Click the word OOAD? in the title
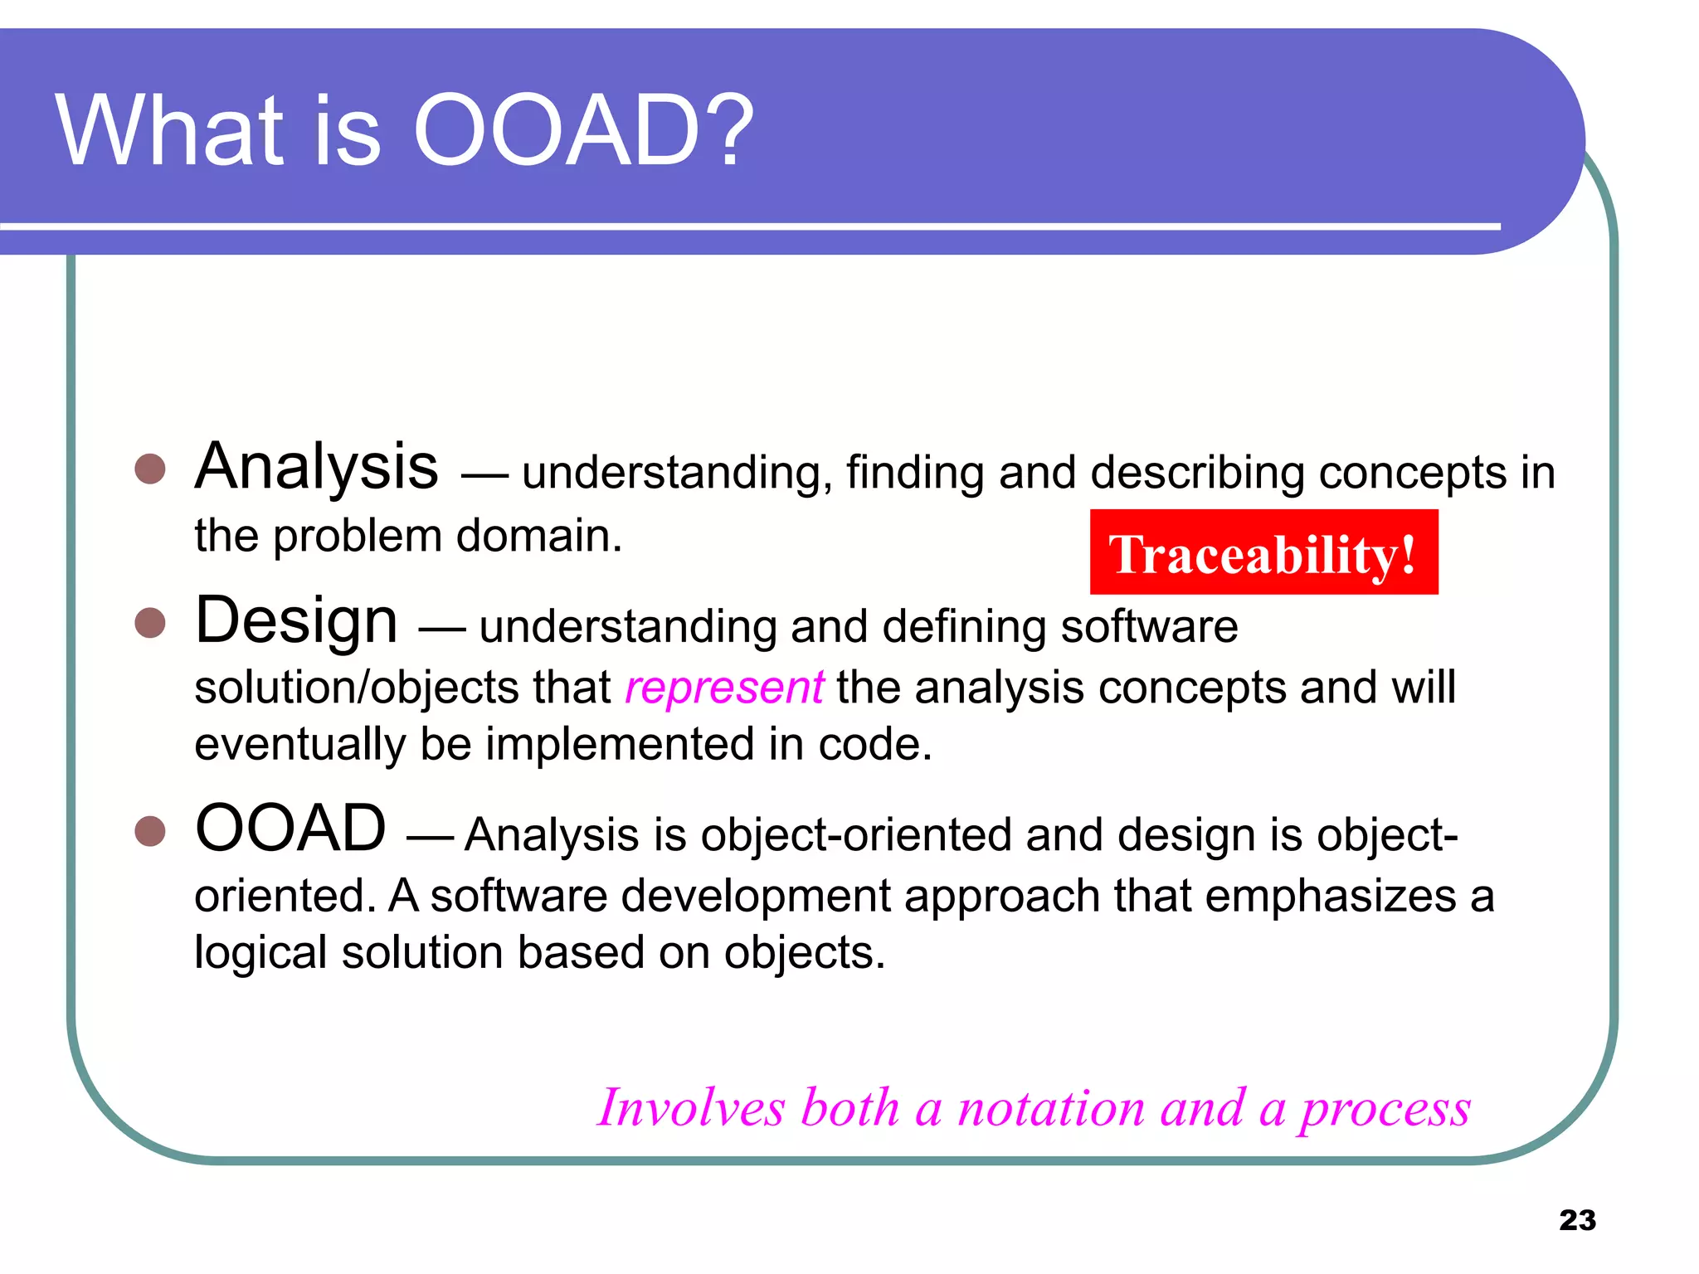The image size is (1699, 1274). click(583, 131)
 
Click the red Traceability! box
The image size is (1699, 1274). click(1263, 552)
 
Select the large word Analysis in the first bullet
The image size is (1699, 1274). click(316, 467)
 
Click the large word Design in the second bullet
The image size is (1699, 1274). click(296, 620)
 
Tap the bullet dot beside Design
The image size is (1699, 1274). click(150, 622)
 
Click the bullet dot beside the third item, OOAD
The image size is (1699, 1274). click(150, 830)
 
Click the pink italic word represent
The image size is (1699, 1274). click(724, 688)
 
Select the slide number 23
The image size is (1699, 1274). click(1577, 1220)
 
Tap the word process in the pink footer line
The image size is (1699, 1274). click(1385, 1110)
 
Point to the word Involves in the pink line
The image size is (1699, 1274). click(690, 1108)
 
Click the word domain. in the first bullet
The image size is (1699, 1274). click(538, 536)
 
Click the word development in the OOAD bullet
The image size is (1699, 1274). click(754, 897)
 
